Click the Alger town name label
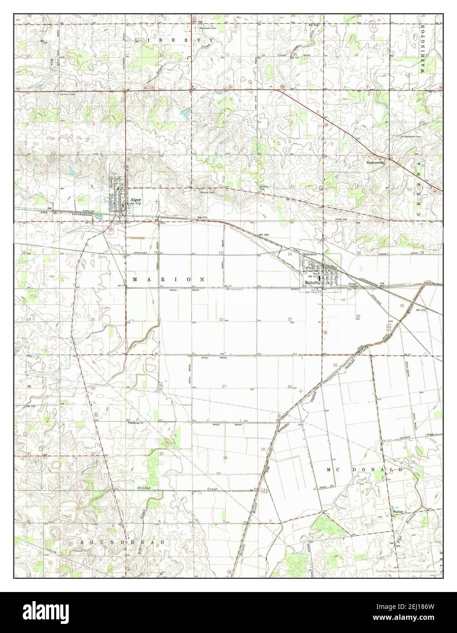(135, 199)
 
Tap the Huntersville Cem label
(411, 137)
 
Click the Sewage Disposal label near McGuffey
(353, 285)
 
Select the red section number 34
(225, 457)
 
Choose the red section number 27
(224, 386)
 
